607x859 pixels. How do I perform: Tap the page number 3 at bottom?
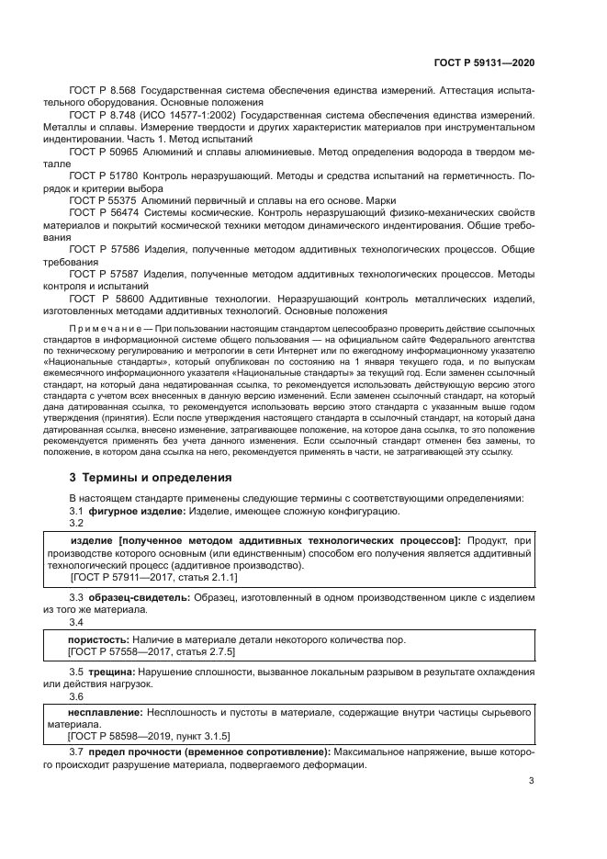coord(532,783)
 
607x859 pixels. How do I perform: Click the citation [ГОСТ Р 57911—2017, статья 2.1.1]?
coord(153,577)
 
